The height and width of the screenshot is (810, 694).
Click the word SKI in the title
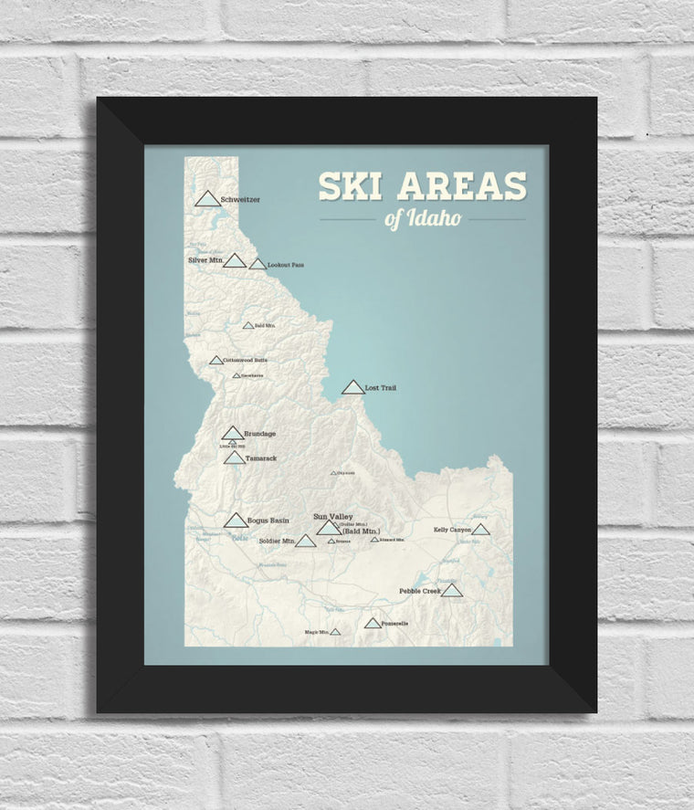coord(350,186)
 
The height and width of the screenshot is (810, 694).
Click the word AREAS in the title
coord(460,186)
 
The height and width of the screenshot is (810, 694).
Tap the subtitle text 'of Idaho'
coord(423,219)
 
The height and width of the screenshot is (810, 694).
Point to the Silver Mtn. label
coord(205,260)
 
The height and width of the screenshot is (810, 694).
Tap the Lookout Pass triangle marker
coord(258,264)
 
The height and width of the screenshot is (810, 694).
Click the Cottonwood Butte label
coord(246,360)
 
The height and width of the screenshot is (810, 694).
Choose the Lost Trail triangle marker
coord(352,388)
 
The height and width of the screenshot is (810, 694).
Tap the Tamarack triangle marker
coord(234,458)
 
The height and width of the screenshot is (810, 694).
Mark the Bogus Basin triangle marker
coord(237,521)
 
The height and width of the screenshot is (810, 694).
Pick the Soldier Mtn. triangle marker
coord(305,541)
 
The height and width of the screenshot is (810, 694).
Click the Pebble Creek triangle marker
coord(452,591)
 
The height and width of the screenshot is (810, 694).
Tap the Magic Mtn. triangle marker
coord(335,631)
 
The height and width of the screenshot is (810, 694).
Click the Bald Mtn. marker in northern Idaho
coord(247,325)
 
